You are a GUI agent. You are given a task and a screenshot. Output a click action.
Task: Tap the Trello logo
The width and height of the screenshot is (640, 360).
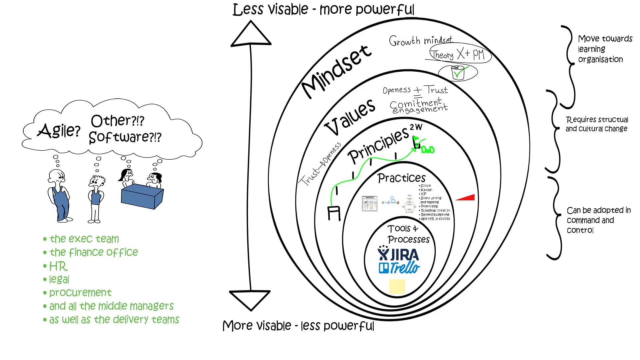(x=399, y=268)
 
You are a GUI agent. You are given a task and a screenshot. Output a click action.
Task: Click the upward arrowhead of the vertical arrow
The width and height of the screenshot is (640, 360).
(x=251, y=34)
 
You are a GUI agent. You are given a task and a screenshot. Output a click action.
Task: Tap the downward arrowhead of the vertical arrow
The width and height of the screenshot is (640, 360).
(x=250, y=299)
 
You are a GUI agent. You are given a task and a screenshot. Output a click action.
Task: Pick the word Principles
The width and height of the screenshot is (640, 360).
(x=378, y=145)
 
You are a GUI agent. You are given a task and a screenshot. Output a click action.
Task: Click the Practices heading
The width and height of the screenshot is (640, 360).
(x=401, y=178)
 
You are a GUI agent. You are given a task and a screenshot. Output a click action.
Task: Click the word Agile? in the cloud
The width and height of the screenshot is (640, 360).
(x=59, y=130)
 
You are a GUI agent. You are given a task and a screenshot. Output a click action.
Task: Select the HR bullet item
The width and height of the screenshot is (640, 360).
(x=58, y=266)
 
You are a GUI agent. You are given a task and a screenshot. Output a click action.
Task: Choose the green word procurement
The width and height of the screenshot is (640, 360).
(x=80, y=293)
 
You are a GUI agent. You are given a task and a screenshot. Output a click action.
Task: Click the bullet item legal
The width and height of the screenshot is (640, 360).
(x=59, y=279)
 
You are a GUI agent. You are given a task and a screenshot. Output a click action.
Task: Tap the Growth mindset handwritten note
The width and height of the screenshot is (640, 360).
(x=421, y=41)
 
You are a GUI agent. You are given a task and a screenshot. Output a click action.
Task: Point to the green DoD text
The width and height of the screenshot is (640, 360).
(x=428, y=150)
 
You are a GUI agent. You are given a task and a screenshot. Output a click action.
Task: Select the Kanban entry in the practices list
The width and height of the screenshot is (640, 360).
(x=426, y=190)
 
